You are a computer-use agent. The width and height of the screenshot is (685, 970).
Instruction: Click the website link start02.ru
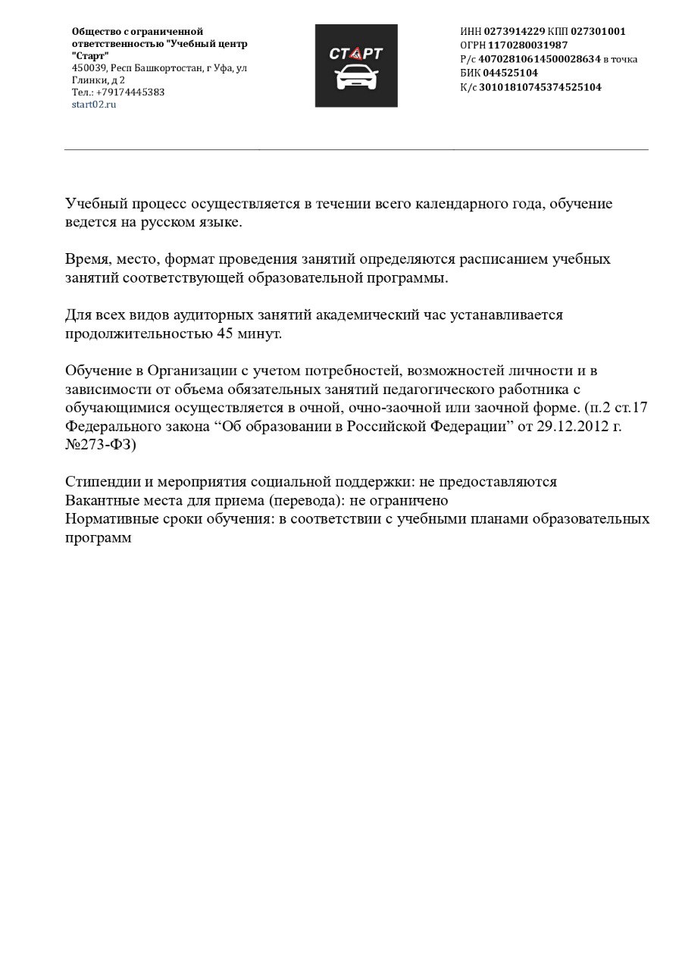[x=94, y=105]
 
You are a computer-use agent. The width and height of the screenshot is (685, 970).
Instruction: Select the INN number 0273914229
[x=514, y=31]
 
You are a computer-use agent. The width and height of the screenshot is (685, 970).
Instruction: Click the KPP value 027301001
[x=598, y=31]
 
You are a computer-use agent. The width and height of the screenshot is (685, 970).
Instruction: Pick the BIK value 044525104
[x=510, y=73]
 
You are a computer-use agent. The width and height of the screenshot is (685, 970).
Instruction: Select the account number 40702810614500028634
[x=540, y=58]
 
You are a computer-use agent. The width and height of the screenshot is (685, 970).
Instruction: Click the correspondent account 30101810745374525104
[x=540, y=87]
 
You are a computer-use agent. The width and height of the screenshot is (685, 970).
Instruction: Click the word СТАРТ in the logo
[x=356, y=53]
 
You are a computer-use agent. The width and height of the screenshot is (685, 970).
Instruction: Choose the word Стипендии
[x=102, y=482]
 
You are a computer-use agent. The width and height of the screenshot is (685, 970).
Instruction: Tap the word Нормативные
[x=111, y=519]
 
